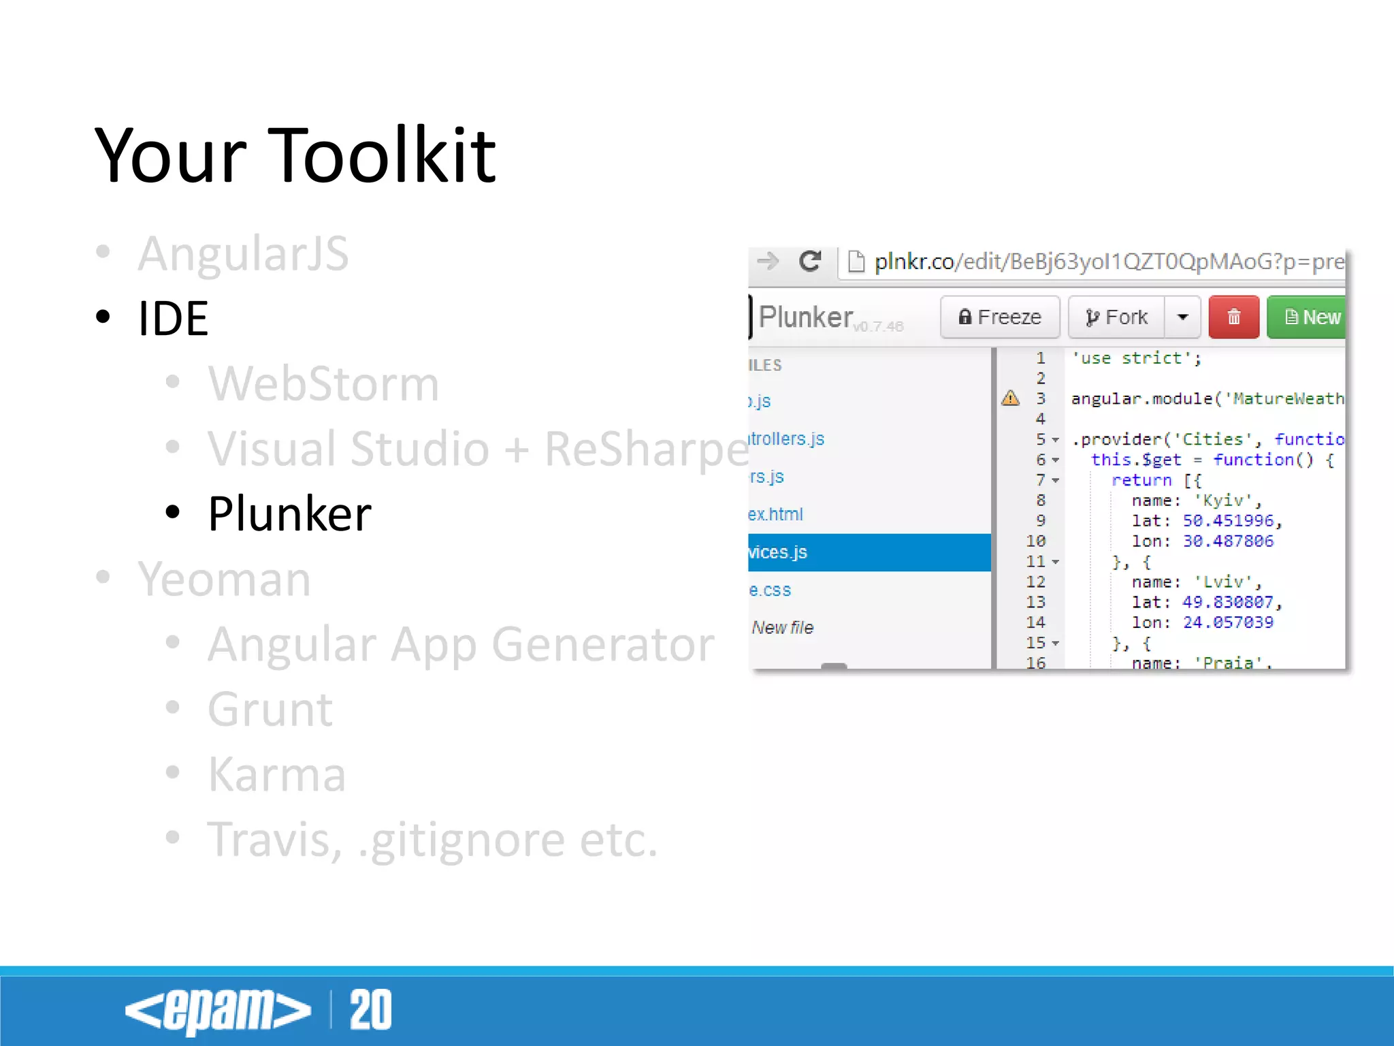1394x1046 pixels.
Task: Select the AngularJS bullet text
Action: (243, 253)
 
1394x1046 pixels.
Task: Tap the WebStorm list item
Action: (323, 383)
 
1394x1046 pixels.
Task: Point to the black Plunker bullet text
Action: (289, 513)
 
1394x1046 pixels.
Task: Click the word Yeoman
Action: (224, 580)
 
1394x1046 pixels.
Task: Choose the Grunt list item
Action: (270, 710)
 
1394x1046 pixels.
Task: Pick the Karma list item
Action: (276, 775)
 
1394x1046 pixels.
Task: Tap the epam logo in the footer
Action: (218, 1010)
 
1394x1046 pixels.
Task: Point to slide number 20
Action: (370, 1010)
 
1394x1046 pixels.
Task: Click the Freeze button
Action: (999, 317)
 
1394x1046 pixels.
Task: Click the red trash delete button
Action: (1233, 317)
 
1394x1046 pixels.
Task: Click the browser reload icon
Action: (810, 261)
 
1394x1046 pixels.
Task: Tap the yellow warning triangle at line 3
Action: (1010, 398)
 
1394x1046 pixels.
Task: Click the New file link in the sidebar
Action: (783, 627)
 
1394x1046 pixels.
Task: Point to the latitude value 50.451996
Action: (1227, 521)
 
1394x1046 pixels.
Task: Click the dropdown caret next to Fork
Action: (1182, 317)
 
